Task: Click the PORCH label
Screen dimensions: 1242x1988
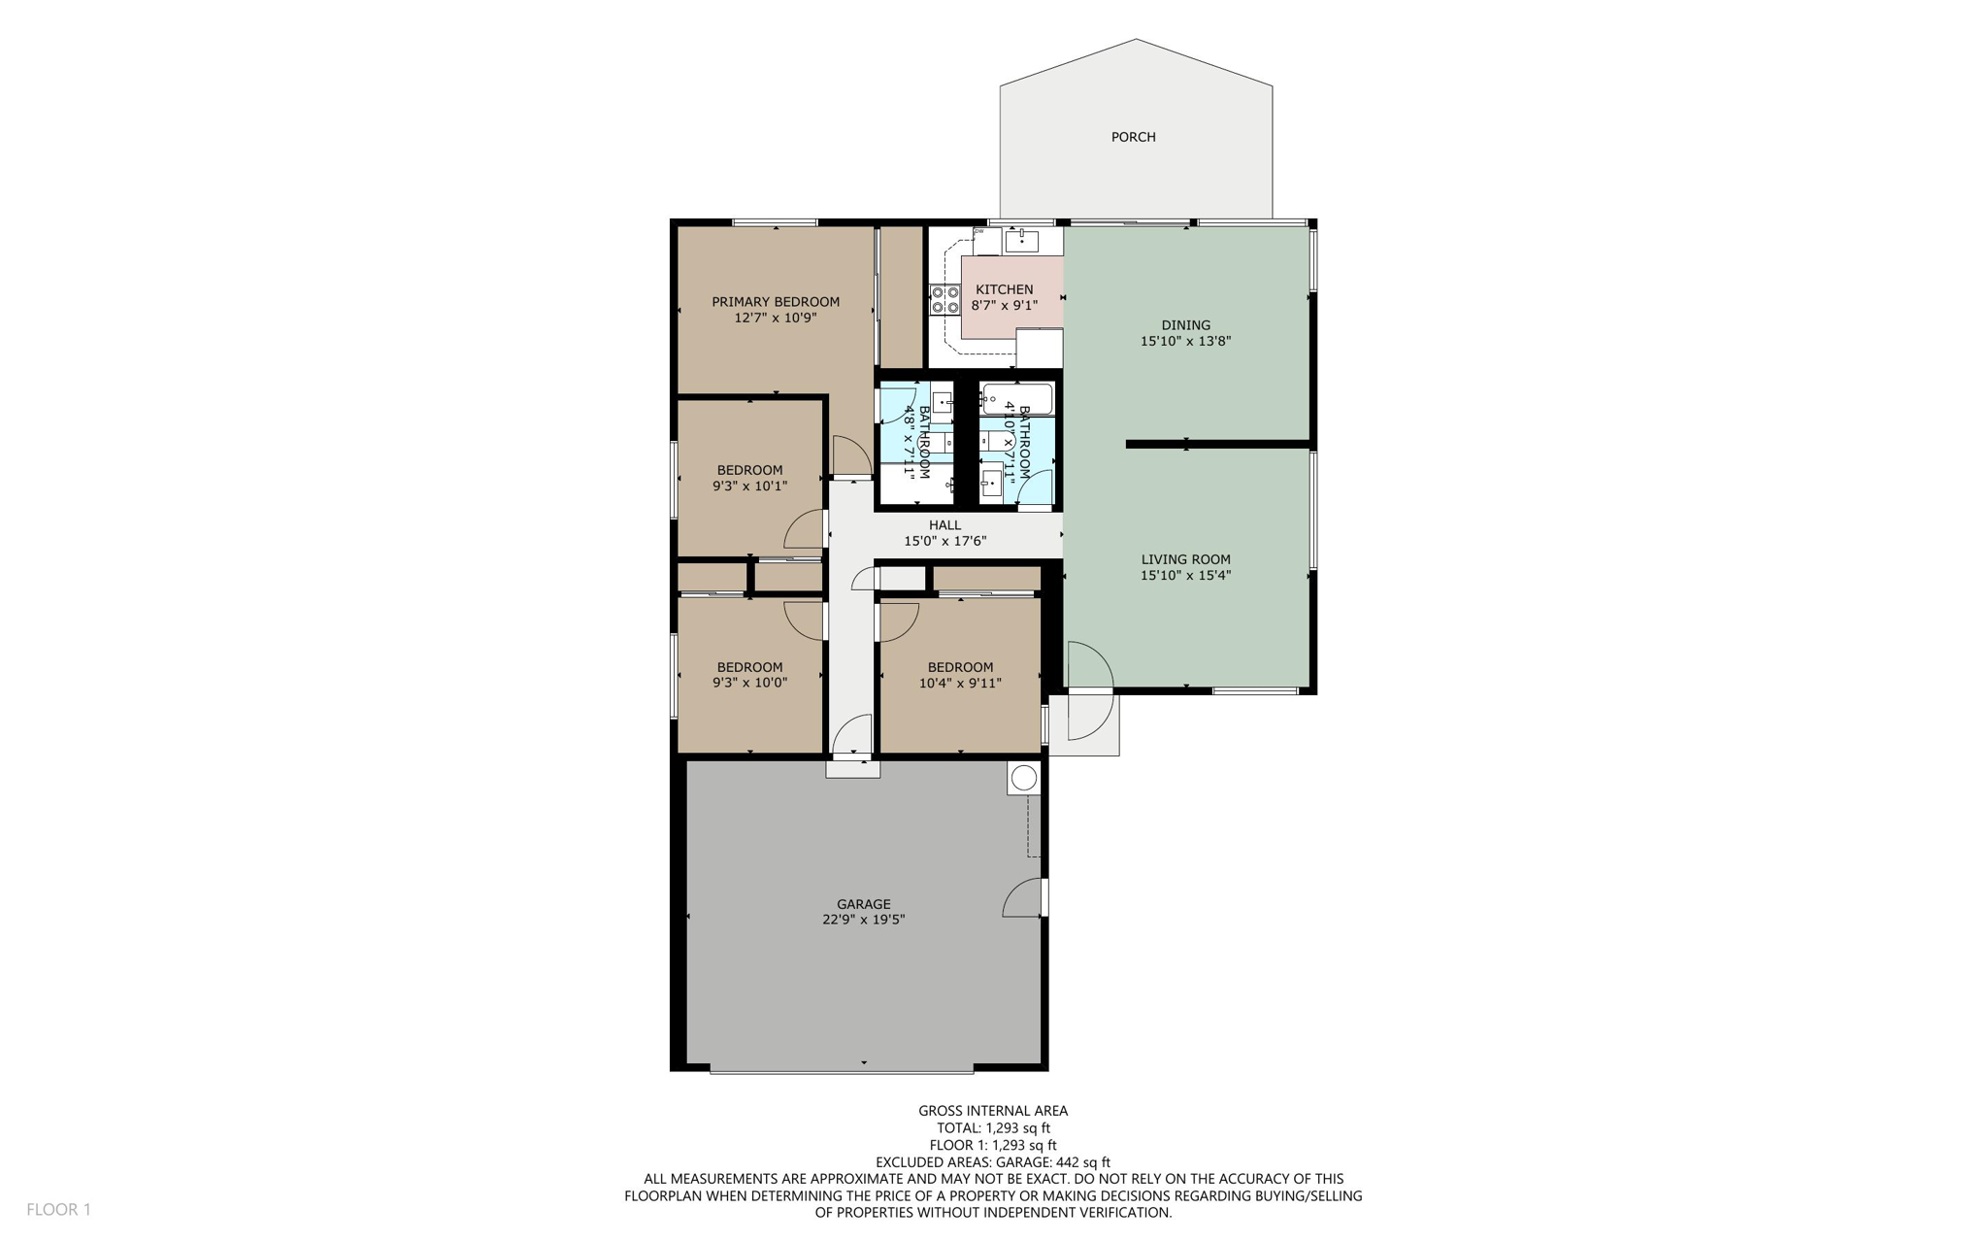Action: click(x=1133, y=137)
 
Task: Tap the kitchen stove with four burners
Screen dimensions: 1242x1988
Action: click(x=944, y=299)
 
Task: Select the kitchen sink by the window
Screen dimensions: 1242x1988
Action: click(x=1021, y=240)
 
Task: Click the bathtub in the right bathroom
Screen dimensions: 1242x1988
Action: click(x=1017, y=398)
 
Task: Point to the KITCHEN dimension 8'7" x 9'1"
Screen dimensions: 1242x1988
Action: click(x=1004, y=306)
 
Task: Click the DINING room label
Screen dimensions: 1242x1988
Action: click(x=1185, y=325)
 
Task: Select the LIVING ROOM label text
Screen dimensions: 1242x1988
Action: click(x=1185, y=559)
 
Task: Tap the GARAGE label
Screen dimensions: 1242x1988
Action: click(x=863, y=904)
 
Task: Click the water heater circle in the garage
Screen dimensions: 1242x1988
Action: click(x=1023, y=778)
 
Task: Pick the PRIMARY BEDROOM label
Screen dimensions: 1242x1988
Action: click(x=775, y=302)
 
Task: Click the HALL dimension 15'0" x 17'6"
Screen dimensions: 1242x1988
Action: click(x=944, y=542)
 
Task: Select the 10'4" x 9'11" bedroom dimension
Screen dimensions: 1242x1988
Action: click(x=959, y=683)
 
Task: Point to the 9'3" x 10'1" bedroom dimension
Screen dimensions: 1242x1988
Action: click(x=749, y=487)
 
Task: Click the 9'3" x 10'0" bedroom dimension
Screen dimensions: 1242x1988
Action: click(x=749, y=683)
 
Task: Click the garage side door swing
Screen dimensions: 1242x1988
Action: click(x=1023, y=898)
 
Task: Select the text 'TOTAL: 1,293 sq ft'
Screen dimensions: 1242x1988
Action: click(x=993, y=1128)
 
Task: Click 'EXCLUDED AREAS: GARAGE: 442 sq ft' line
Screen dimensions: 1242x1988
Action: click(x=993, y=1162)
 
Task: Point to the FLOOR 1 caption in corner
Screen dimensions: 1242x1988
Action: click(x=58, y=1210)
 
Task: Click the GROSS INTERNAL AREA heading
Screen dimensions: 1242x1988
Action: click(x=993, y=1111)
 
